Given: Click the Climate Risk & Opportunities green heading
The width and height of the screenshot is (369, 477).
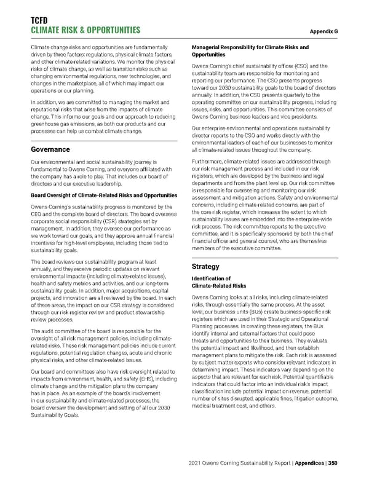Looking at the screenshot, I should coord(80,30).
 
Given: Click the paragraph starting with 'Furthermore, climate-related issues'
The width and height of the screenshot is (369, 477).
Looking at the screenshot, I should coord(264,209).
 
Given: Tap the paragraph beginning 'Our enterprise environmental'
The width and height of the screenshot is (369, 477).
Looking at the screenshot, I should coord(264,140).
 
